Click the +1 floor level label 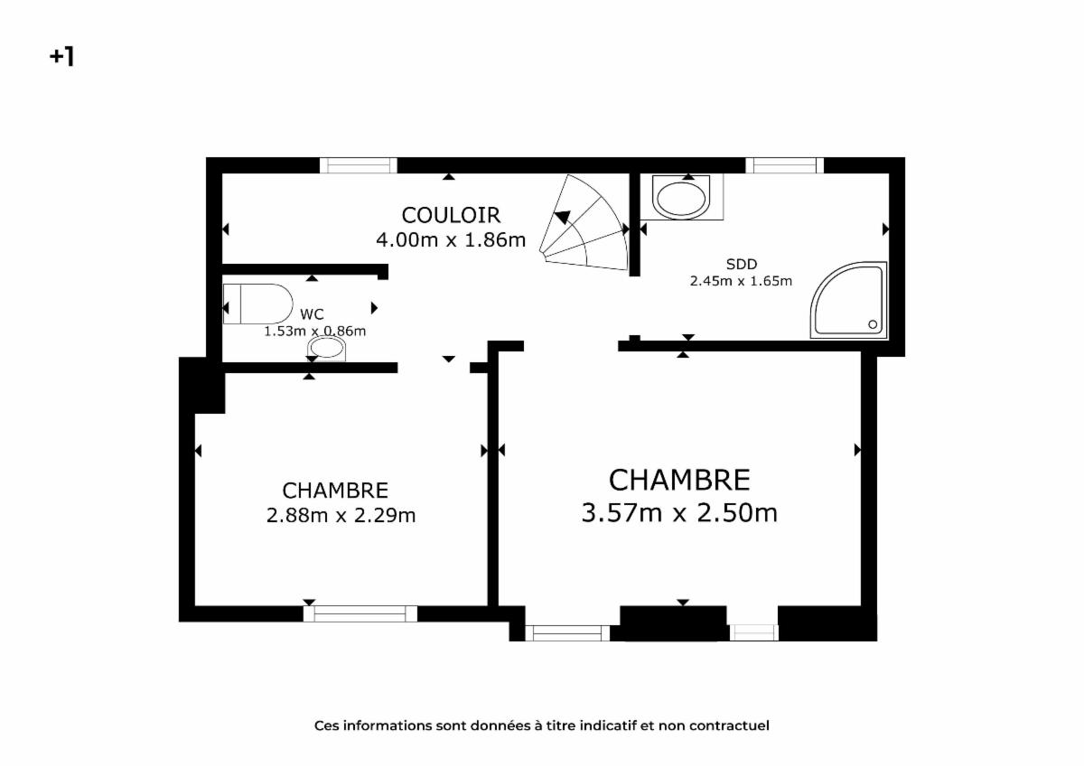(62, 57)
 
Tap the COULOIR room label (451, 216)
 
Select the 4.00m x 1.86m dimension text (451, 240)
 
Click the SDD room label (742, 264)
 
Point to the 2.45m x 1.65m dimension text (741, 281)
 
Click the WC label (312, 314)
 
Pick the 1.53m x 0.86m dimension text (314, 332)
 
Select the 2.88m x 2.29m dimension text (341, 516)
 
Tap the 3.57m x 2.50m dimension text (679, 513)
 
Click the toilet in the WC (258, 304)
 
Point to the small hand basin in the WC (327, 348)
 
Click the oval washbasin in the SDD (681, 198)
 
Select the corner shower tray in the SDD (849, 300)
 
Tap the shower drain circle (873, 324)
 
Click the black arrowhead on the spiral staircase (562, 218)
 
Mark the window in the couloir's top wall (359, 165)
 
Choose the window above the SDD (784, 165)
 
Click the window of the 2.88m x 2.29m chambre (360, 613)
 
